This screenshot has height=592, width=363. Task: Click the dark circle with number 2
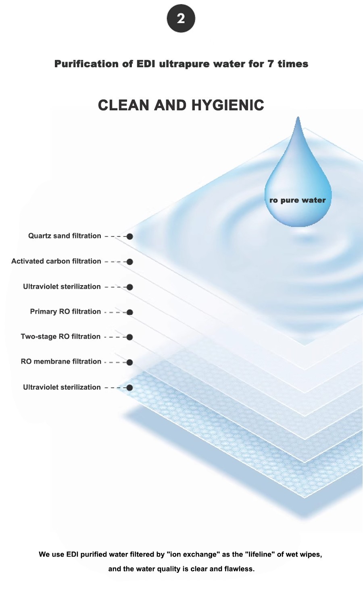pos(181,19)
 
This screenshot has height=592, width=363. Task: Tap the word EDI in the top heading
pos(145,64)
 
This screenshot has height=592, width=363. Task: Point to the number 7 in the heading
pos(270,64)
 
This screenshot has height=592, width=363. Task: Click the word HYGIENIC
pos(228,105)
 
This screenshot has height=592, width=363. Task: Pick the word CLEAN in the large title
pos(124,105)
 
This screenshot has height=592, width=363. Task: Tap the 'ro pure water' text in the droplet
pos(298,200)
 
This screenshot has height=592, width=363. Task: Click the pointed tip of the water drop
pos(298,117)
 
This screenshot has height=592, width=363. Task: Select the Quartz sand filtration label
pos(65,236)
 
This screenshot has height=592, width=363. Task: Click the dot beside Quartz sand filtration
pos(129,236)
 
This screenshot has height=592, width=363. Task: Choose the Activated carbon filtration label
pos(56,261)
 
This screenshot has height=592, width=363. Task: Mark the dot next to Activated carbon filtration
pos(129,262)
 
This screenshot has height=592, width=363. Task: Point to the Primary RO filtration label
pos(65,312)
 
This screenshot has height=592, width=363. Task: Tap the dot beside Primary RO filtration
pos(129,312)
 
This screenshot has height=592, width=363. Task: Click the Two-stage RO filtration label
pos(60,336)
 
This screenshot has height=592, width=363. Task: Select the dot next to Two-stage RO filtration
pos(129,337)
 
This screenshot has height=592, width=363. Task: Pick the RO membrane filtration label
pos(61,361)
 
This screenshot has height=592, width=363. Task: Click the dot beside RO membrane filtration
pos(129,362)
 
